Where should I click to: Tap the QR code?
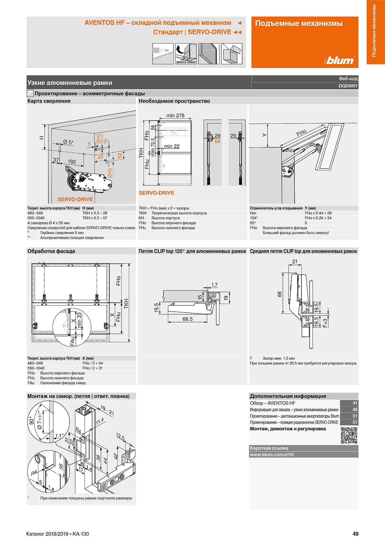pos(349,435)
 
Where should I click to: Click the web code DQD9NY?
pos(348,86)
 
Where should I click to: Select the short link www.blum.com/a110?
pos(272,455)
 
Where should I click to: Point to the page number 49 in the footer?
pos(356,534)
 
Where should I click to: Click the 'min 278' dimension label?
pos(175,115)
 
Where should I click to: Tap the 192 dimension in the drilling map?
pos(72,162)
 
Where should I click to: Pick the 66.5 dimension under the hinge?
pos(188,319)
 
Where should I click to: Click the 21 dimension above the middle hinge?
pos(295,261)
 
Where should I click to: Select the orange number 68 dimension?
pos(217,141)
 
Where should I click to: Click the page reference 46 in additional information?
pos(355,410)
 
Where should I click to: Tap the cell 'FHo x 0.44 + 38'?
pos(318,213)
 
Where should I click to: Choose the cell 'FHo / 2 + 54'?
pos(92,363)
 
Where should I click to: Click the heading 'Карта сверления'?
pos(49,101)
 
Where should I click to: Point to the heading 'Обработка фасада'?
pos(51,251)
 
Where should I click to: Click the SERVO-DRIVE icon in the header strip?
pos(186,54)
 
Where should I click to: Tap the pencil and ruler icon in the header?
pos(163,54)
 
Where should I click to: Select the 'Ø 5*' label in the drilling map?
pos(68,142)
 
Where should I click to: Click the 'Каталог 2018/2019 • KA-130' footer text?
pos(57,534)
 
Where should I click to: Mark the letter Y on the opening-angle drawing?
pos(264,135)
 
